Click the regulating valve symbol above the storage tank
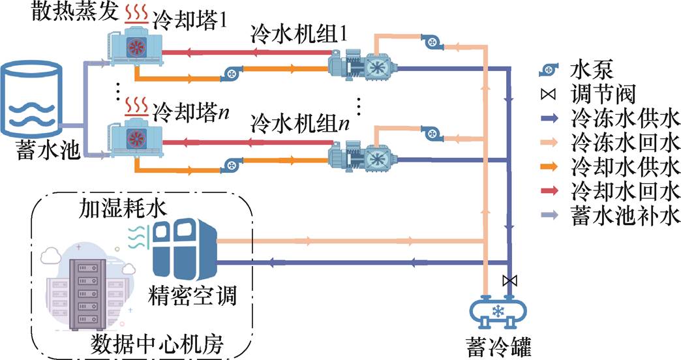(x=509, y=281)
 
